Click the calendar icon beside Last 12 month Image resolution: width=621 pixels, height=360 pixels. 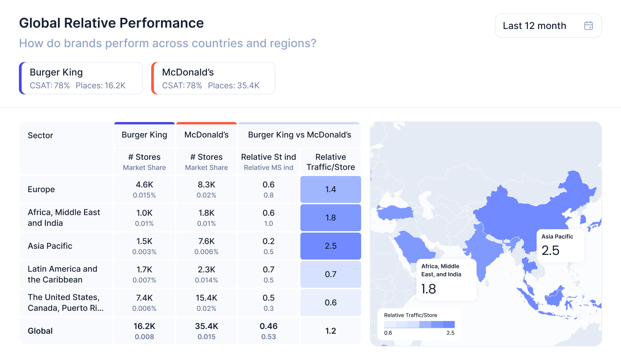click(588, 26)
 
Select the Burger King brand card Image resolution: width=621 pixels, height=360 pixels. click(81, 78)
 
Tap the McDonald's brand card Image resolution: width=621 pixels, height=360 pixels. click(213, 78)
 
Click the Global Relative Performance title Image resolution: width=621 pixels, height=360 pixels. click(111, 23)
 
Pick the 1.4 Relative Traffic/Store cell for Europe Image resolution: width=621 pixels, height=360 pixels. click(330, 189)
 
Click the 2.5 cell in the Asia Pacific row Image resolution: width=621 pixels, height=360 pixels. click(330, 246)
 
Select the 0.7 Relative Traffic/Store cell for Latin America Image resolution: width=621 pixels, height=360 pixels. click(330, 274)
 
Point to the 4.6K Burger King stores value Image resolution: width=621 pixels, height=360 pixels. click(144, 185)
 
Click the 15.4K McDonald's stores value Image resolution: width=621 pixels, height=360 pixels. click(207, 298)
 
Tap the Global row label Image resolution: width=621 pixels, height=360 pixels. click(40, 331)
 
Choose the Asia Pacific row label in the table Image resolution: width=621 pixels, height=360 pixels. click(50, 246)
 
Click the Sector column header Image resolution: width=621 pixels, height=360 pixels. click(40, 136)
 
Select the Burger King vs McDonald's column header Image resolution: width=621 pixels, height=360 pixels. click(299, 135)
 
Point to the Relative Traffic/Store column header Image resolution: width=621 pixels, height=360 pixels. click(330, 162)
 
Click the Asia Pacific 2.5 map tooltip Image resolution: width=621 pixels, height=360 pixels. click(560, 245)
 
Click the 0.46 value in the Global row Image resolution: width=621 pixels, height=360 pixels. click(269, 326)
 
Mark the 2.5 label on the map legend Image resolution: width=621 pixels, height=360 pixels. click(450, 333)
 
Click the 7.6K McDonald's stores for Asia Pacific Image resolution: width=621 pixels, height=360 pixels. click(207, 241)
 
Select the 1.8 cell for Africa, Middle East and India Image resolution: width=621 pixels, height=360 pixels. click(330, 218)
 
